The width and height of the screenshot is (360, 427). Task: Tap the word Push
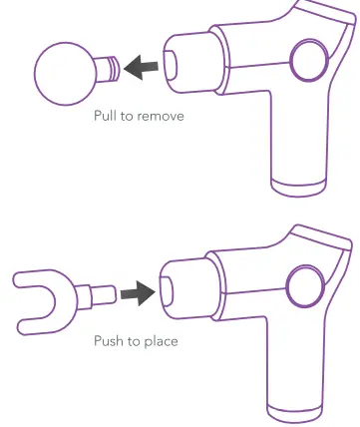coord(108,340)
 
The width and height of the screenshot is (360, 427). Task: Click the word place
coord(160,340)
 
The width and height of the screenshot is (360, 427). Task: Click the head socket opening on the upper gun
coord(172,62)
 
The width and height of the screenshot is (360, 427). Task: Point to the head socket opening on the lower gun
coord(167,287)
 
